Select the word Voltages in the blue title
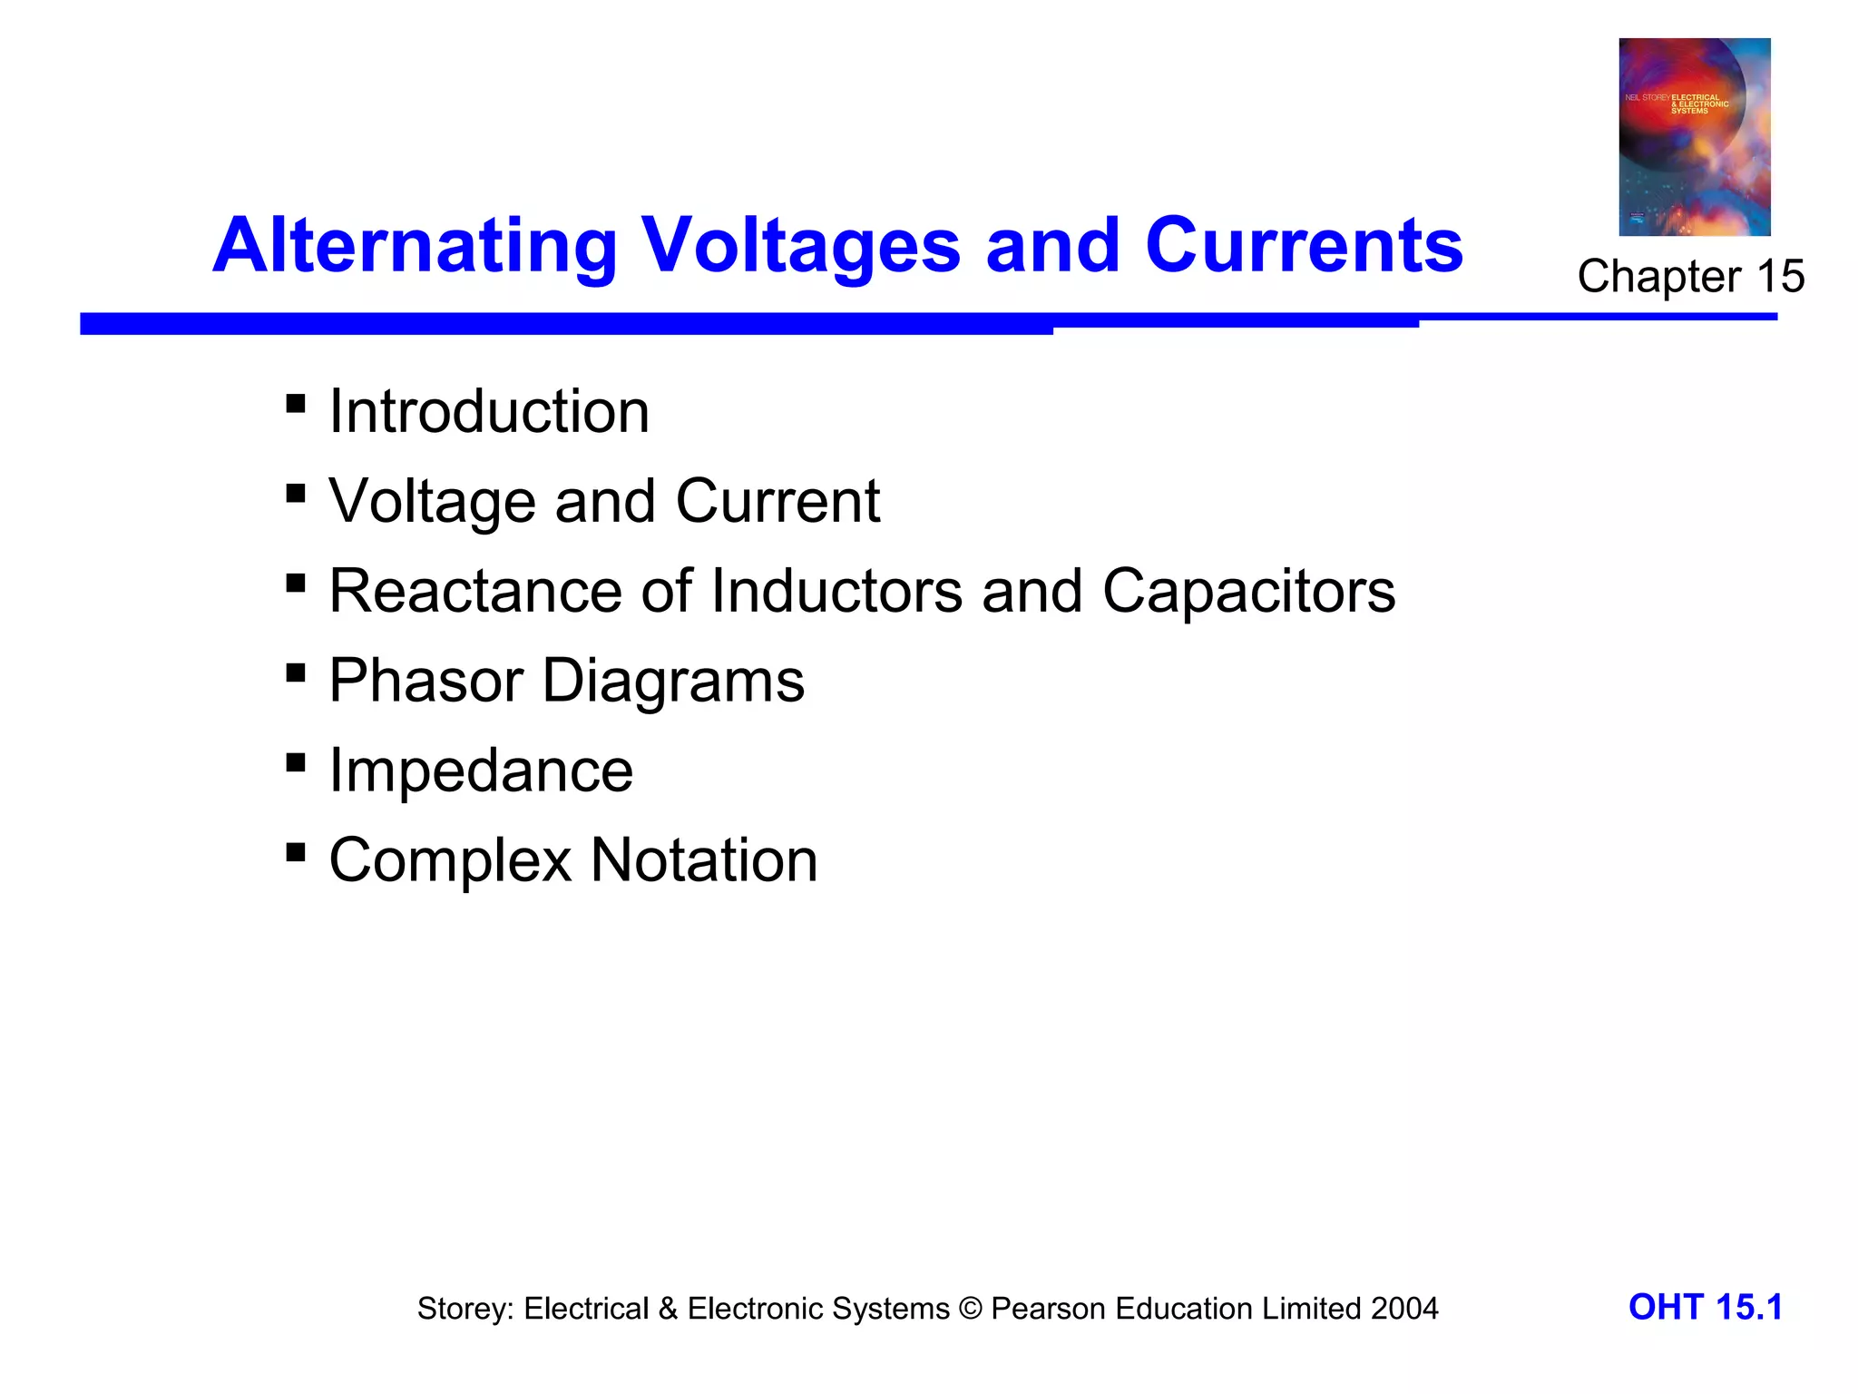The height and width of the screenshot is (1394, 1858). (x=800, y=247)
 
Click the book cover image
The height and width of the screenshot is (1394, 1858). (x=1694, y=137)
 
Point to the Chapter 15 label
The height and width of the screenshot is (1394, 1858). (x=1690, y=276)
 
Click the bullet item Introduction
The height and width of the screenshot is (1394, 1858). (x=489, y=412)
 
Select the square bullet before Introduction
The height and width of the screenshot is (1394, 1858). (x=295, y=403)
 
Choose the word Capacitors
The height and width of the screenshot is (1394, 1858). (x=1248, y=592)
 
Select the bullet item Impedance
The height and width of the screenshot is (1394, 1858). (x=481, y=771)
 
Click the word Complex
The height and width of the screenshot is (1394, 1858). (x=450, y=861)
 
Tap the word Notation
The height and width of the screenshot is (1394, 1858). (x=704, y=860)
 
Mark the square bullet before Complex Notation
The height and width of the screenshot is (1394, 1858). (x=295, y=852)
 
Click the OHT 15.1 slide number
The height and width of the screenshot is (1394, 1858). (x=1705, y=1308)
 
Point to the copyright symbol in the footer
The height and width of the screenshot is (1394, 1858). (x=970, y=1310)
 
